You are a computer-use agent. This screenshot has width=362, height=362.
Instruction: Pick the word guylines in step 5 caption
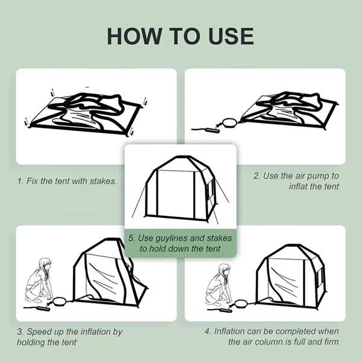pos(171,238)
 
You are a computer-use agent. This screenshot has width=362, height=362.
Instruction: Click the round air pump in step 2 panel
pos(229,122)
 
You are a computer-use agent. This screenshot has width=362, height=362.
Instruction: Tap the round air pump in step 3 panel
pos(59,301)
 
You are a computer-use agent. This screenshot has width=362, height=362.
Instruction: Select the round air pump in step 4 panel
pos(241,303)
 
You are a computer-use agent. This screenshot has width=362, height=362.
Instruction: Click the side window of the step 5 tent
pos(210,189)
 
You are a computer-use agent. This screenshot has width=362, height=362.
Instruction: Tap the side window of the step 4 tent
pos(320,277)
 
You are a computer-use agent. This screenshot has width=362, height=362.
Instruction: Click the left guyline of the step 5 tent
pos(139,200)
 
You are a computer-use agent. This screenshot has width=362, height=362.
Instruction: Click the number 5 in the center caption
pos(131,238)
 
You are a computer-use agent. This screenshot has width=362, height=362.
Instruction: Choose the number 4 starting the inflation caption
pos(207,331)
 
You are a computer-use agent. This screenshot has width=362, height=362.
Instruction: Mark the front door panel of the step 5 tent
pos(176,193)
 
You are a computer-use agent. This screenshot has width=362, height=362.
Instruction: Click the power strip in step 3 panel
pos(43,308)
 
